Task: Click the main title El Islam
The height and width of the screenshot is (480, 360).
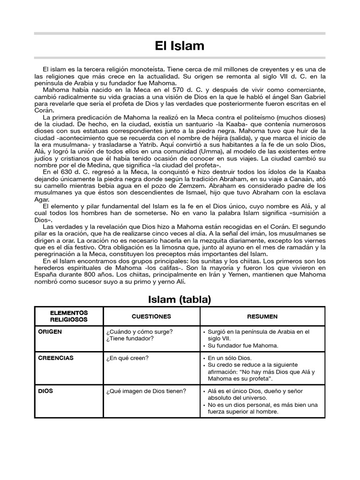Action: click(180, 46)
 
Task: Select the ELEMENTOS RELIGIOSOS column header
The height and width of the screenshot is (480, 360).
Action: click(69, 316)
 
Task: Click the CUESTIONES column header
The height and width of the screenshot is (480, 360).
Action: click(151, 316)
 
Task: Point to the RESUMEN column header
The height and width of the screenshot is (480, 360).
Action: click(263, 316)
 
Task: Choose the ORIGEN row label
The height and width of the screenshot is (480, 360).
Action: click(50, 331)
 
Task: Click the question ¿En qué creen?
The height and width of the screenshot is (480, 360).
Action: click(127, 359)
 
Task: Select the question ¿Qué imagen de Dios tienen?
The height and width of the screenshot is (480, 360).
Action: click(146, 390)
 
